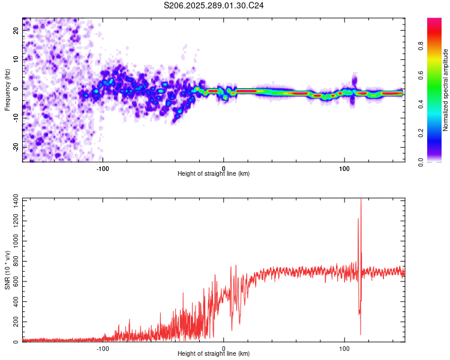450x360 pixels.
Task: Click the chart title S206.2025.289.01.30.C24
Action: coord(214,5)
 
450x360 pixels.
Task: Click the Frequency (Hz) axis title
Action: coord(7,90)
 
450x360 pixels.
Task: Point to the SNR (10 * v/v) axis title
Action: coord(7,270)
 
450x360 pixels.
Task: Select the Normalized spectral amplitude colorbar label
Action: coord(446,90)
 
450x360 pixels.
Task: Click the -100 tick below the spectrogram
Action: coord(103,168)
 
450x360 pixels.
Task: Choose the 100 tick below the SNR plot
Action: coord(344,348)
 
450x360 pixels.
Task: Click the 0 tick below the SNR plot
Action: coord(224,348)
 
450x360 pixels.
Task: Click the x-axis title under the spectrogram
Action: coord(214,174)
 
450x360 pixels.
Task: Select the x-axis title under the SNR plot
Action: coord(214,354)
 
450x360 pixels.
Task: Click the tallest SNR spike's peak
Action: coord(361,200)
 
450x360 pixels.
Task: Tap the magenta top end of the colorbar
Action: coord(434,21)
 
